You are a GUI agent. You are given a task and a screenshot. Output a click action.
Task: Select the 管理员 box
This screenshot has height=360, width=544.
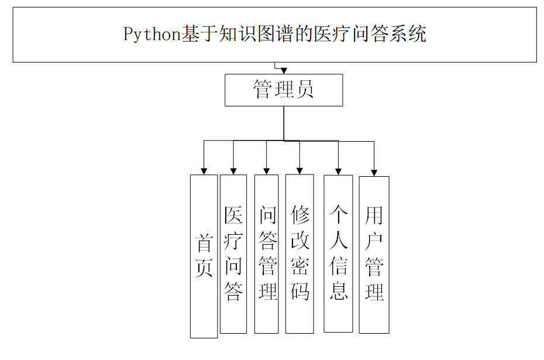point(284,90)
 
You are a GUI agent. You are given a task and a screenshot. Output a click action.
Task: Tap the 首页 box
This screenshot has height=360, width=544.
point(204,256)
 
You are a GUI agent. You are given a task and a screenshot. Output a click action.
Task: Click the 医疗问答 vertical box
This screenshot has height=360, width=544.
point(233,253)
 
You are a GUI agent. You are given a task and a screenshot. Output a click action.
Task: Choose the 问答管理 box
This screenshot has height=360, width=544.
point(267,253)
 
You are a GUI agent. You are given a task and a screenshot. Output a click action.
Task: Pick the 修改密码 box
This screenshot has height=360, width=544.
point(300,253)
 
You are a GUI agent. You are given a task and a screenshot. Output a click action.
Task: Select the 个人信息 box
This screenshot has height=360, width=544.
point(339,253)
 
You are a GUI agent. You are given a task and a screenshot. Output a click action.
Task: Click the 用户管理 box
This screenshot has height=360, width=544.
point(374,254)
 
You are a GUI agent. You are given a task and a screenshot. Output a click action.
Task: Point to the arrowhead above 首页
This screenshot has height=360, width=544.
point(204,171)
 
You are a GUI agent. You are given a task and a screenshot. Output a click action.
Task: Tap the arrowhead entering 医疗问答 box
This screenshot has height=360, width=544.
point(233,171)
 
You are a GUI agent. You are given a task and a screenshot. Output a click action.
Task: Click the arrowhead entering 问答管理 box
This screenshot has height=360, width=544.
point(267,171)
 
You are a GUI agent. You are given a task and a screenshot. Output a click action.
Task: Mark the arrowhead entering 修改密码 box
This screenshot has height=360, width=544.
point(300,171)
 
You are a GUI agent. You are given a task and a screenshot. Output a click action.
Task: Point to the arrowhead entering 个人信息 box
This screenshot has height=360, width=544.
point(339,171)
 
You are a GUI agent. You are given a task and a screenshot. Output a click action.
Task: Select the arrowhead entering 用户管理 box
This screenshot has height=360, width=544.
point(374,172)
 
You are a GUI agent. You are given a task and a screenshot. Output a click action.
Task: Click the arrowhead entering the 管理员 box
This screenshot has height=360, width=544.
point(284,71)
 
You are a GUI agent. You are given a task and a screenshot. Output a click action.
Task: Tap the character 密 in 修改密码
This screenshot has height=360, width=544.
point(300,266)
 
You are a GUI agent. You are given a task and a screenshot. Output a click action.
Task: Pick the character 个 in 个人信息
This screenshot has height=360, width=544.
point(339,215)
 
